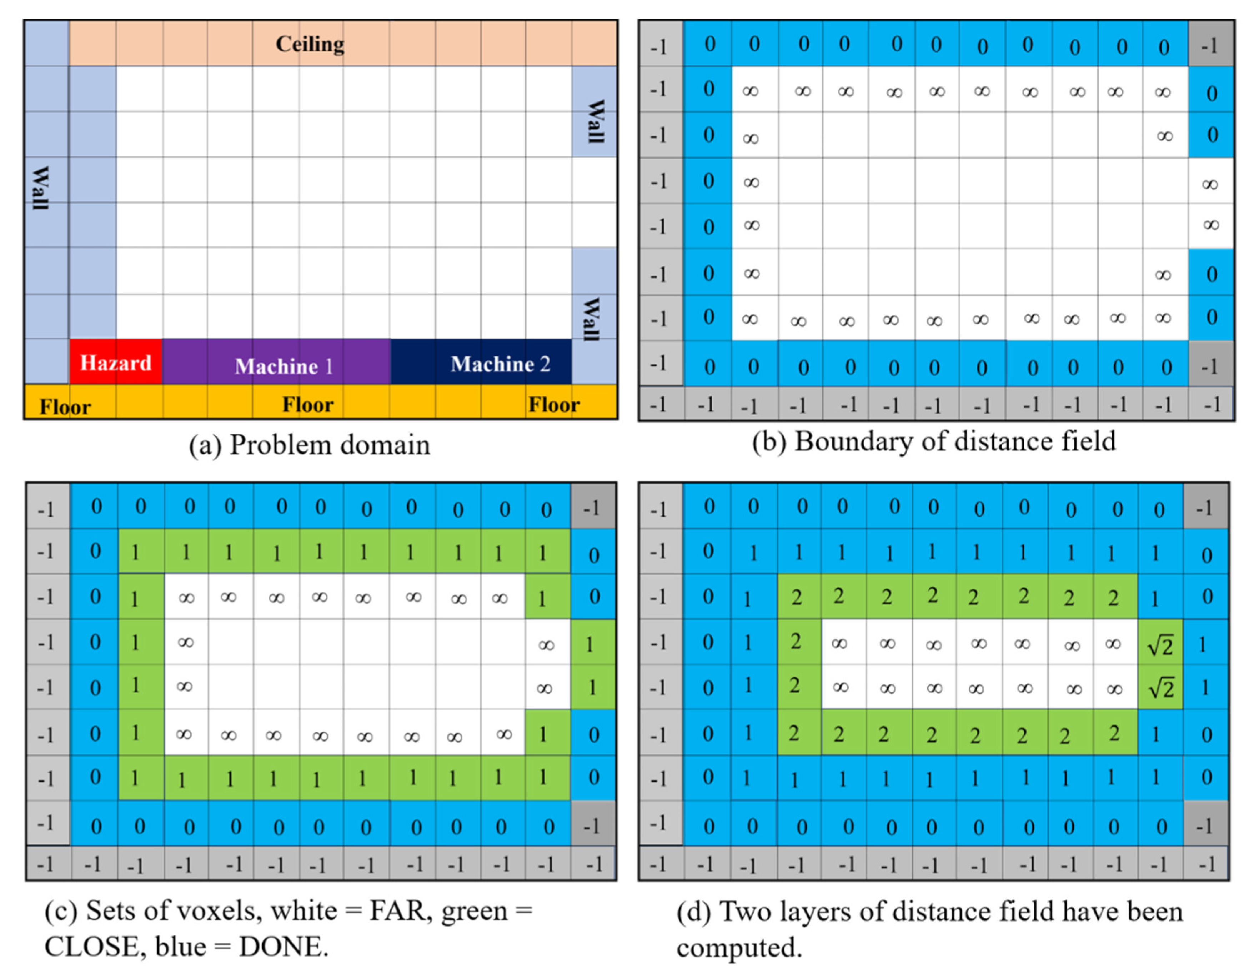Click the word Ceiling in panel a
pyautogui.click(x=310, y=44)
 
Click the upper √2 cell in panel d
pyautogui.click(x=1160, y=645)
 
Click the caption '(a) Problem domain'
pyautogui.click(x=310, y=445)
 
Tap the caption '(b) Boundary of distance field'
pyautogui.click(x=934, y=441)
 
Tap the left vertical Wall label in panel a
pyautogui.click(x=40, y=188)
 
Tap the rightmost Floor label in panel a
pyautogui.click(x=553, y=404)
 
